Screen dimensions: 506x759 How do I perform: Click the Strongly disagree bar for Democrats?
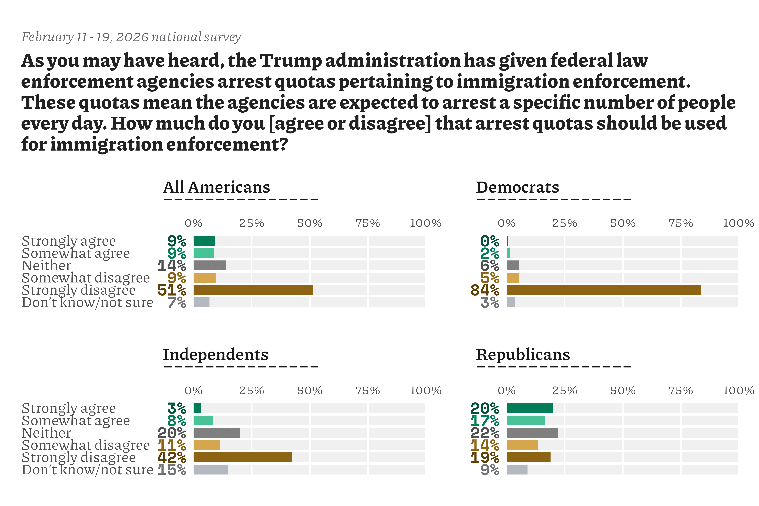(603, 290)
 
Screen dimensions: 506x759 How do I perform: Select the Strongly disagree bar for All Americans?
(253, 290)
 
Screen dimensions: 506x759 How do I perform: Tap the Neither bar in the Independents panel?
(217, 433)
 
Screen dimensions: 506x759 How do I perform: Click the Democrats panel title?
(517, 187)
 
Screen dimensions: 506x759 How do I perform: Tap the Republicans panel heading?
(523, 355)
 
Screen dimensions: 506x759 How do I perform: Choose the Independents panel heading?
(216, 355)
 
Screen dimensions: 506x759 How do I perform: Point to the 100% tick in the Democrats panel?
(738, 223)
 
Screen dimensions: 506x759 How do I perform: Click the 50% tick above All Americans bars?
(310, 223)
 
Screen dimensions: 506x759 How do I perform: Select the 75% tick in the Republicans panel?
(681, 391)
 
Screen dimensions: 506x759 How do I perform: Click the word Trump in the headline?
(291, 61)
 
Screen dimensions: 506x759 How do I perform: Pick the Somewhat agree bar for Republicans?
(526, 420)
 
